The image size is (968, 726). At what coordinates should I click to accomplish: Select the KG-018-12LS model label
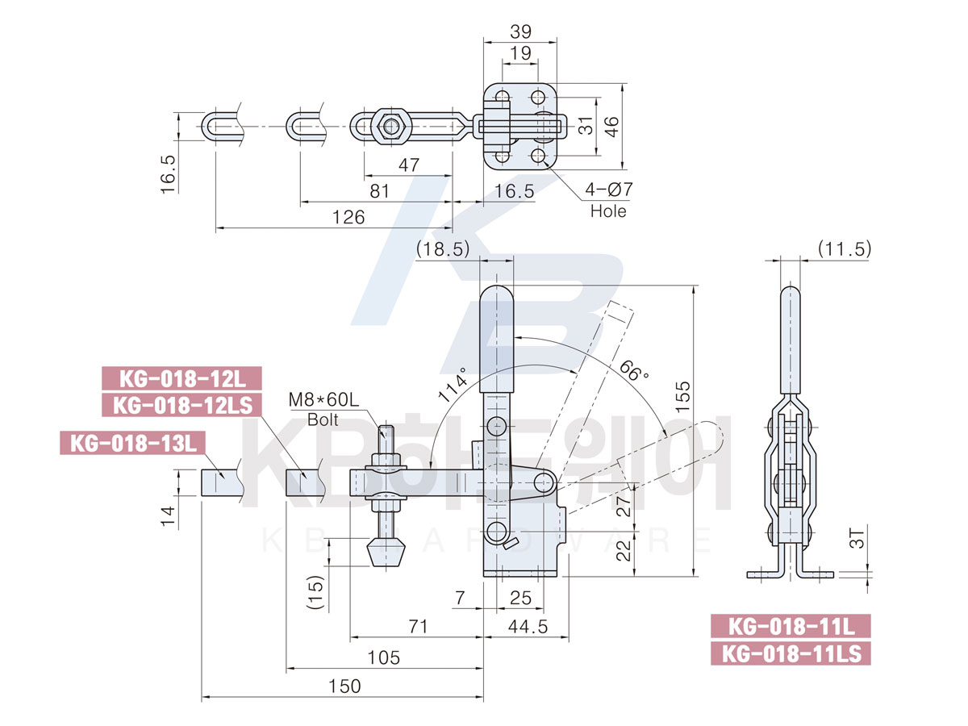tap(181, 404)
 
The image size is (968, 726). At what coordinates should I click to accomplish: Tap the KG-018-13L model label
tap(133, 443)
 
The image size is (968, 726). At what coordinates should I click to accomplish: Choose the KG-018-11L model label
tap(791, 626)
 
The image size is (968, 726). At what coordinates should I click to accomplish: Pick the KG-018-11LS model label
tap(791, 652)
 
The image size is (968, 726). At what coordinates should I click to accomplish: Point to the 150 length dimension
tap(344, 686)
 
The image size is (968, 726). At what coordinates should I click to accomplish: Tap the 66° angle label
tap(635, 372)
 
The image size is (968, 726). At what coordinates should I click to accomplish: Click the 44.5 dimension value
tap(526, 627)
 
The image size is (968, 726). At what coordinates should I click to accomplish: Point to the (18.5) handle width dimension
tap(443, 249)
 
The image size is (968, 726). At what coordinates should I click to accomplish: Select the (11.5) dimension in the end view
tap(845, 249)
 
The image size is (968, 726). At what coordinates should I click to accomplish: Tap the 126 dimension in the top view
tap(348, 217)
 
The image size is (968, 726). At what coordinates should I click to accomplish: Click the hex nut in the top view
tap(391, 126)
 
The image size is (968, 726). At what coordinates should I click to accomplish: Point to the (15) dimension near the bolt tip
tap(316, 593)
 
